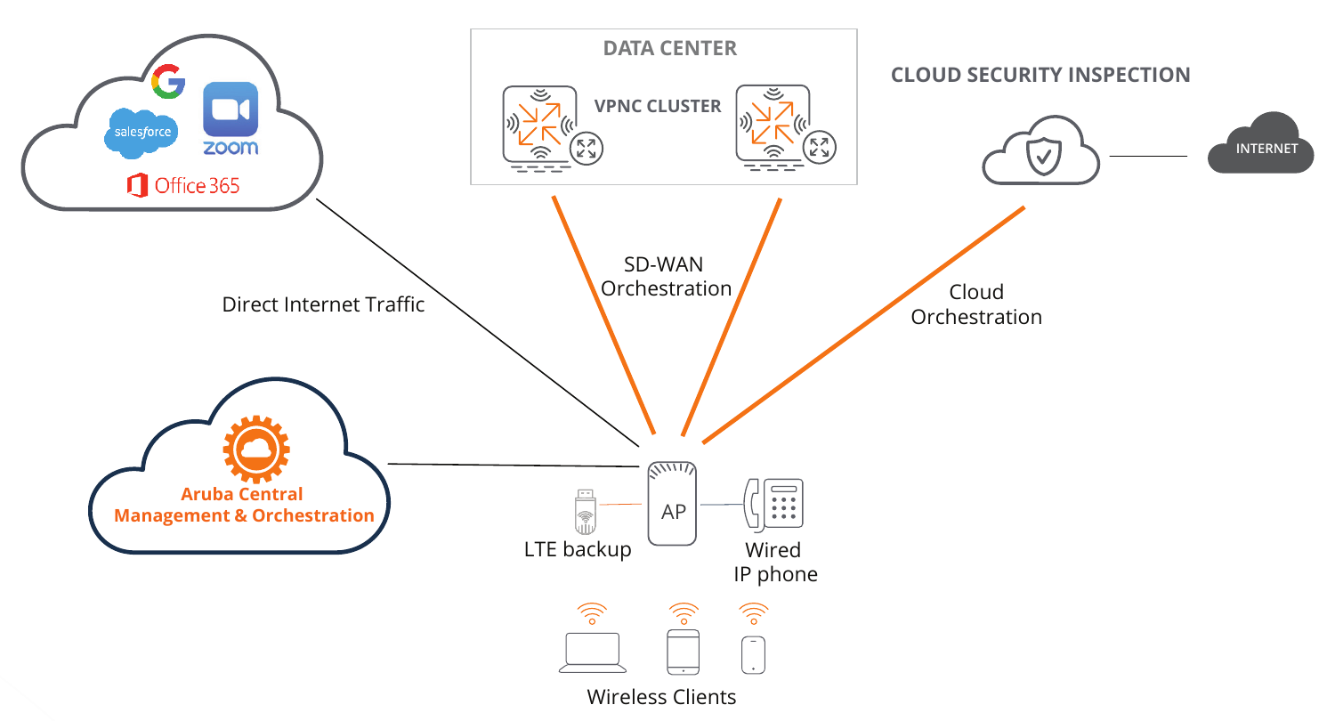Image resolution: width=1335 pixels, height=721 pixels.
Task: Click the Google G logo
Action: (x=168, y=82)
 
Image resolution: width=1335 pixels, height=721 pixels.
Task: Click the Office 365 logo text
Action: (x=184, y=185)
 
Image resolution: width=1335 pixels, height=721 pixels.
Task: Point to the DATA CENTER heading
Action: (x=669, y=48)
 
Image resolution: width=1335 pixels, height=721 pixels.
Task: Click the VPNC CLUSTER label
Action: (x=658, y=106)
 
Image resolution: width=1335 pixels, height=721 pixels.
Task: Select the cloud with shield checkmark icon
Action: (x=1040, y=153)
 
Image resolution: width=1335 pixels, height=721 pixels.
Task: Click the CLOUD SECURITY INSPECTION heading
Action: (x=1040, y=75)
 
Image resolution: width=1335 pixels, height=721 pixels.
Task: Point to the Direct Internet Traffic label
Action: (x=323, y=304)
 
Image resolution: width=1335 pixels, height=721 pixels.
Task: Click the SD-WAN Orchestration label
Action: (x=667, y=276)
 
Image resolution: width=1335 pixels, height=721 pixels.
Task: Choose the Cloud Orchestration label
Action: (x=976, y=304)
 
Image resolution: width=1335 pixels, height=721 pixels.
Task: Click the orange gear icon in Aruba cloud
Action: (x=256, y=450)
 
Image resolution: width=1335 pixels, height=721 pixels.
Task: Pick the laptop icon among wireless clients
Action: (x=593, y=653)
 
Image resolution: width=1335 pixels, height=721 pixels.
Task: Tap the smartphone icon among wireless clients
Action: (x=753, y=654)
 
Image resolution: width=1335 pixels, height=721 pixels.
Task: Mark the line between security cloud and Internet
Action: (x=1148, y=156)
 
